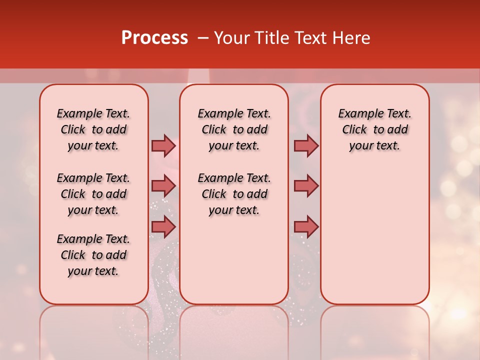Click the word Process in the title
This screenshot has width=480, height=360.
[x=154, y=38]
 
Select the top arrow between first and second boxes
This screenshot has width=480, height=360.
[x=163, y=145]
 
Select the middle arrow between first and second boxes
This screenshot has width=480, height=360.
[x=163, y=186]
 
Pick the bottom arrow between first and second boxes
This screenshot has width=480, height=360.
[x=163, y=226]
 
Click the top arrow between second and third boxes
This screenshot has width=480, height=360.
[x=306, y=145]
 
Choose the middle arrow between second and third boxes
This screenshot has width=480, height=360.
[x=306, y=186]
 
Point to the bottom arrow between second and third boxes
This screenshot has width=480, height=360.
[x=306, y=226]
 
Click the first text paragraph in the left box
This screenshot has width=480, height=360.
[x=93, y=129]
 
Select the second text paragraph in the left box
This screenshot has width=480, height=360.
[x=93, y=194]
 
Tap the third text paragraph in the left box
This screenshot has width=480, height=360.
[x=93, y=255]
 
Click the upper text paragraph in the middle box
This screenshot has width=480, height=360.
[x=234, y=129]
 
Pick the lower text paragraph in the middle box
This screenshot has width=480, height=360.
[x=234, y=194]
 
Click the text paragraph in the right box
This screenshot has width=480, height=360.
[x=374, y=129]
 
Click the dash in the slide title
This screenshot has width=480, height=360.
[x=203, y=38]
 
